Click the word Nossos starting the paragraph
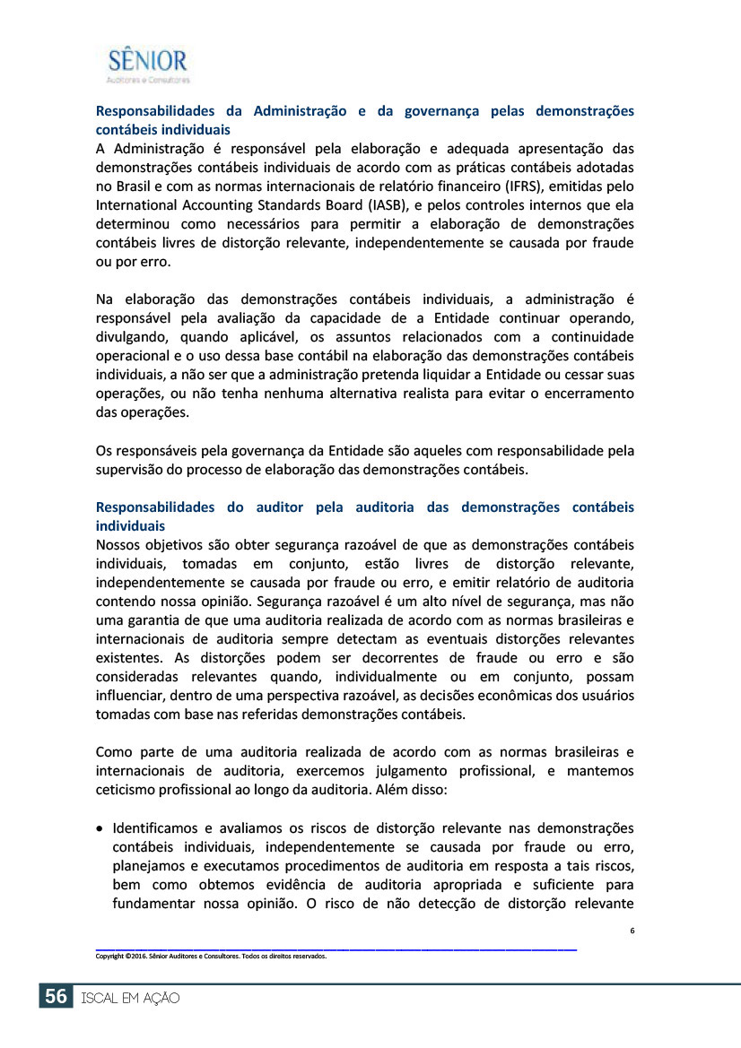point(121,544)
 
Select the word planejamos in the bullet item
point(147,865)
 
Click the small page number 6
point(632,931)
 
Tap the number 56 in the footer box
point(55,997)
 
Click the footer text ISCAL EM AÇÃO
point(130,998)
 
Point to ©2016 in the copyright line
point(135,956)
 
